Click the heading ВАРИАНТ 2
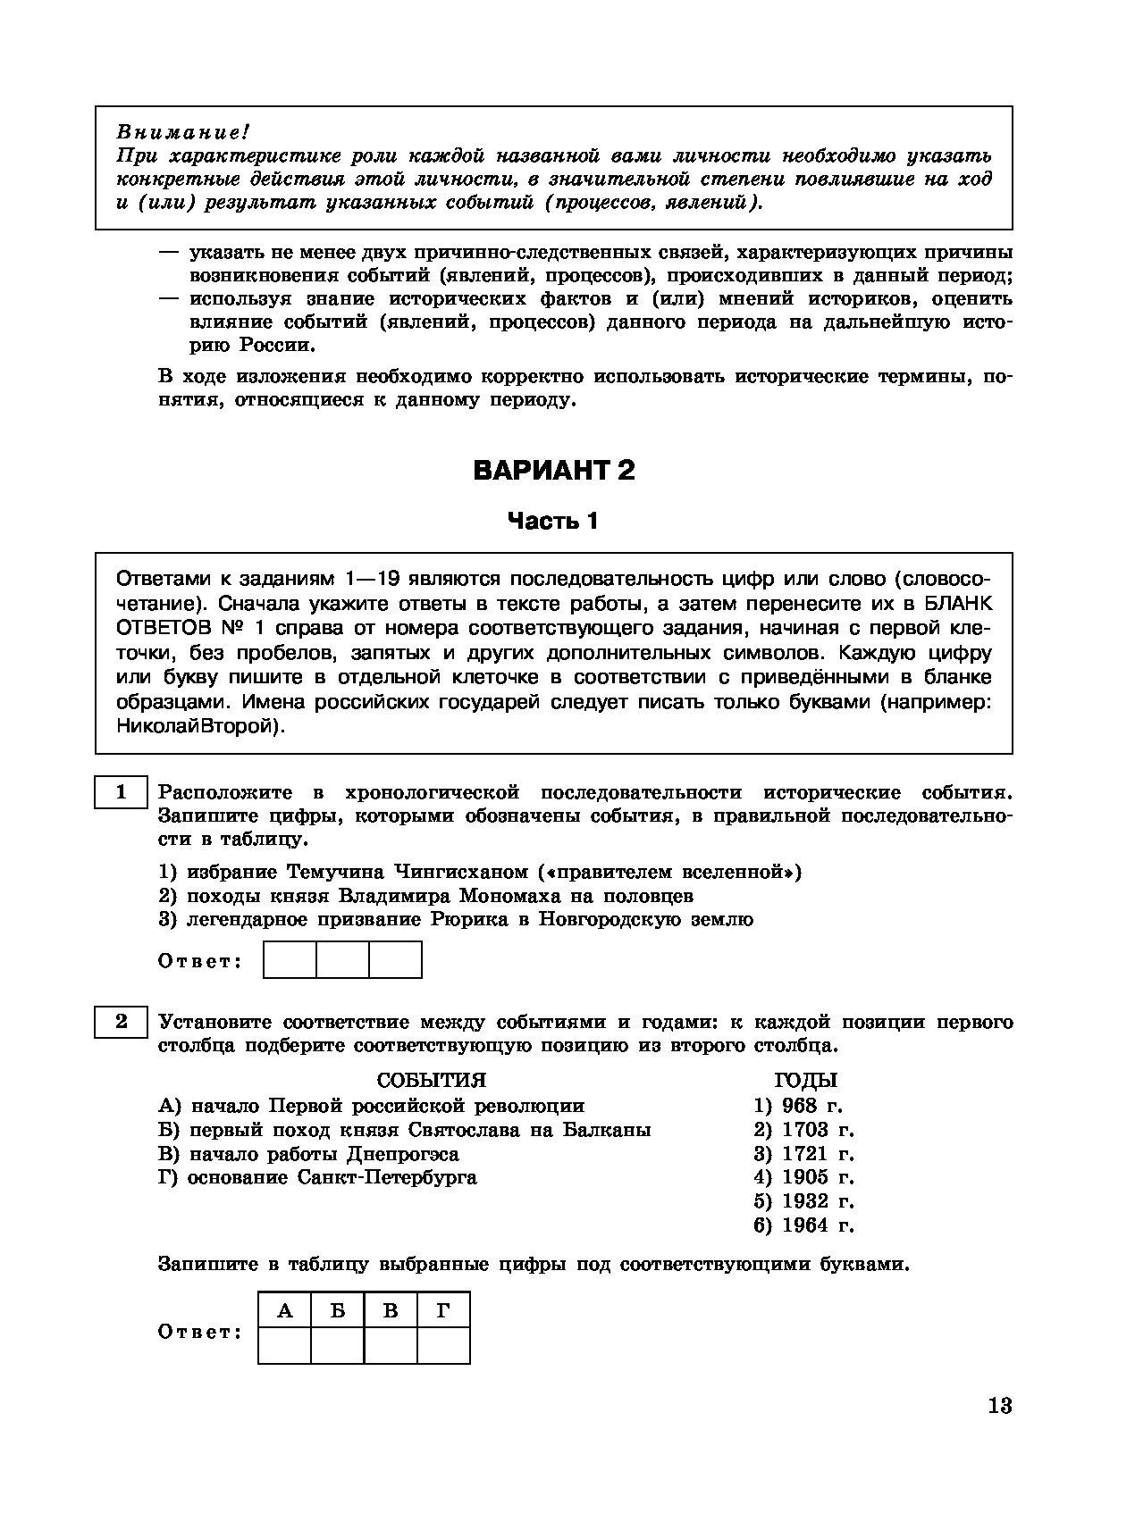point(553,471)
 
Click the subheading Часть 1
point(552,521)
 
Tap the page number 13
point(1000,1406)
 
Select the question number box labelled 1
point(121,792)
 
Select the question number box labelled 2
point(121,1022)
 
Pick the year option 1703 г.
point(804,1130)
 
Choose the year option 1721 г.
point(804,1153)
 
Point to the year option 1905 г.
point(804,1177)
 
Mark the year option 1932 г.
point(804,1201)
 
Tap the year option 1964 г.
point(804,1225)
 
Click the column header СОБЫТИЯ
point(432,1081)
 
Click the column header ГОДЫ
point(805,1081)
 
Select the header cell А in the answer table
point(285,1310)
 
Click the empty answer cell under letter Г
point(443,1345)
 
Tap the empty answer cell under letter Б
point(338,1345)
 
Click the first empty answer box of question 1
point(290,960)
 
